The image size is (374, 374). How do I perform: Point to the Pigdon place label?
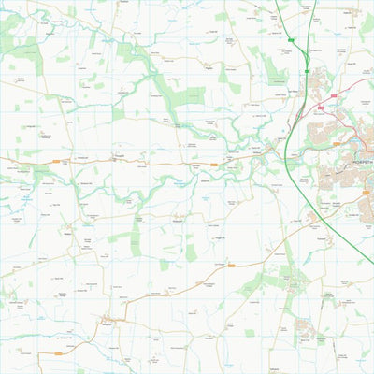click(x=208, y=67)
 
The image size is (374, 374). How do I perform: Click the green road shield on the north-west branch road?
click(x=292, y=40)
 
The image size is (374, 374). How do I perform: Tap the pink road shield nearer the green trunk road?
click(x=320, y=108)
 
